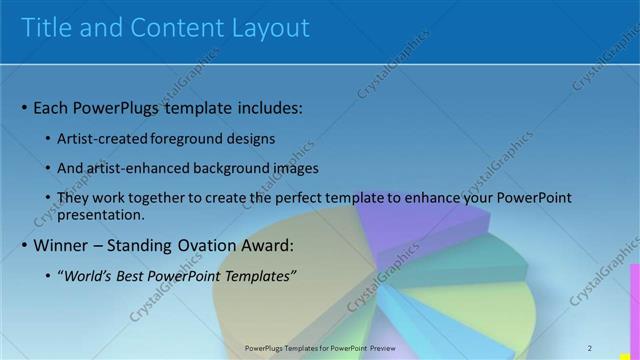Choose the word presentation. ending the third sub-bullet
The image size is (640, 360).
(102, 214)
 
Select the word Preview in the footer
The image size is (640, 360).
(378, 347)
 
